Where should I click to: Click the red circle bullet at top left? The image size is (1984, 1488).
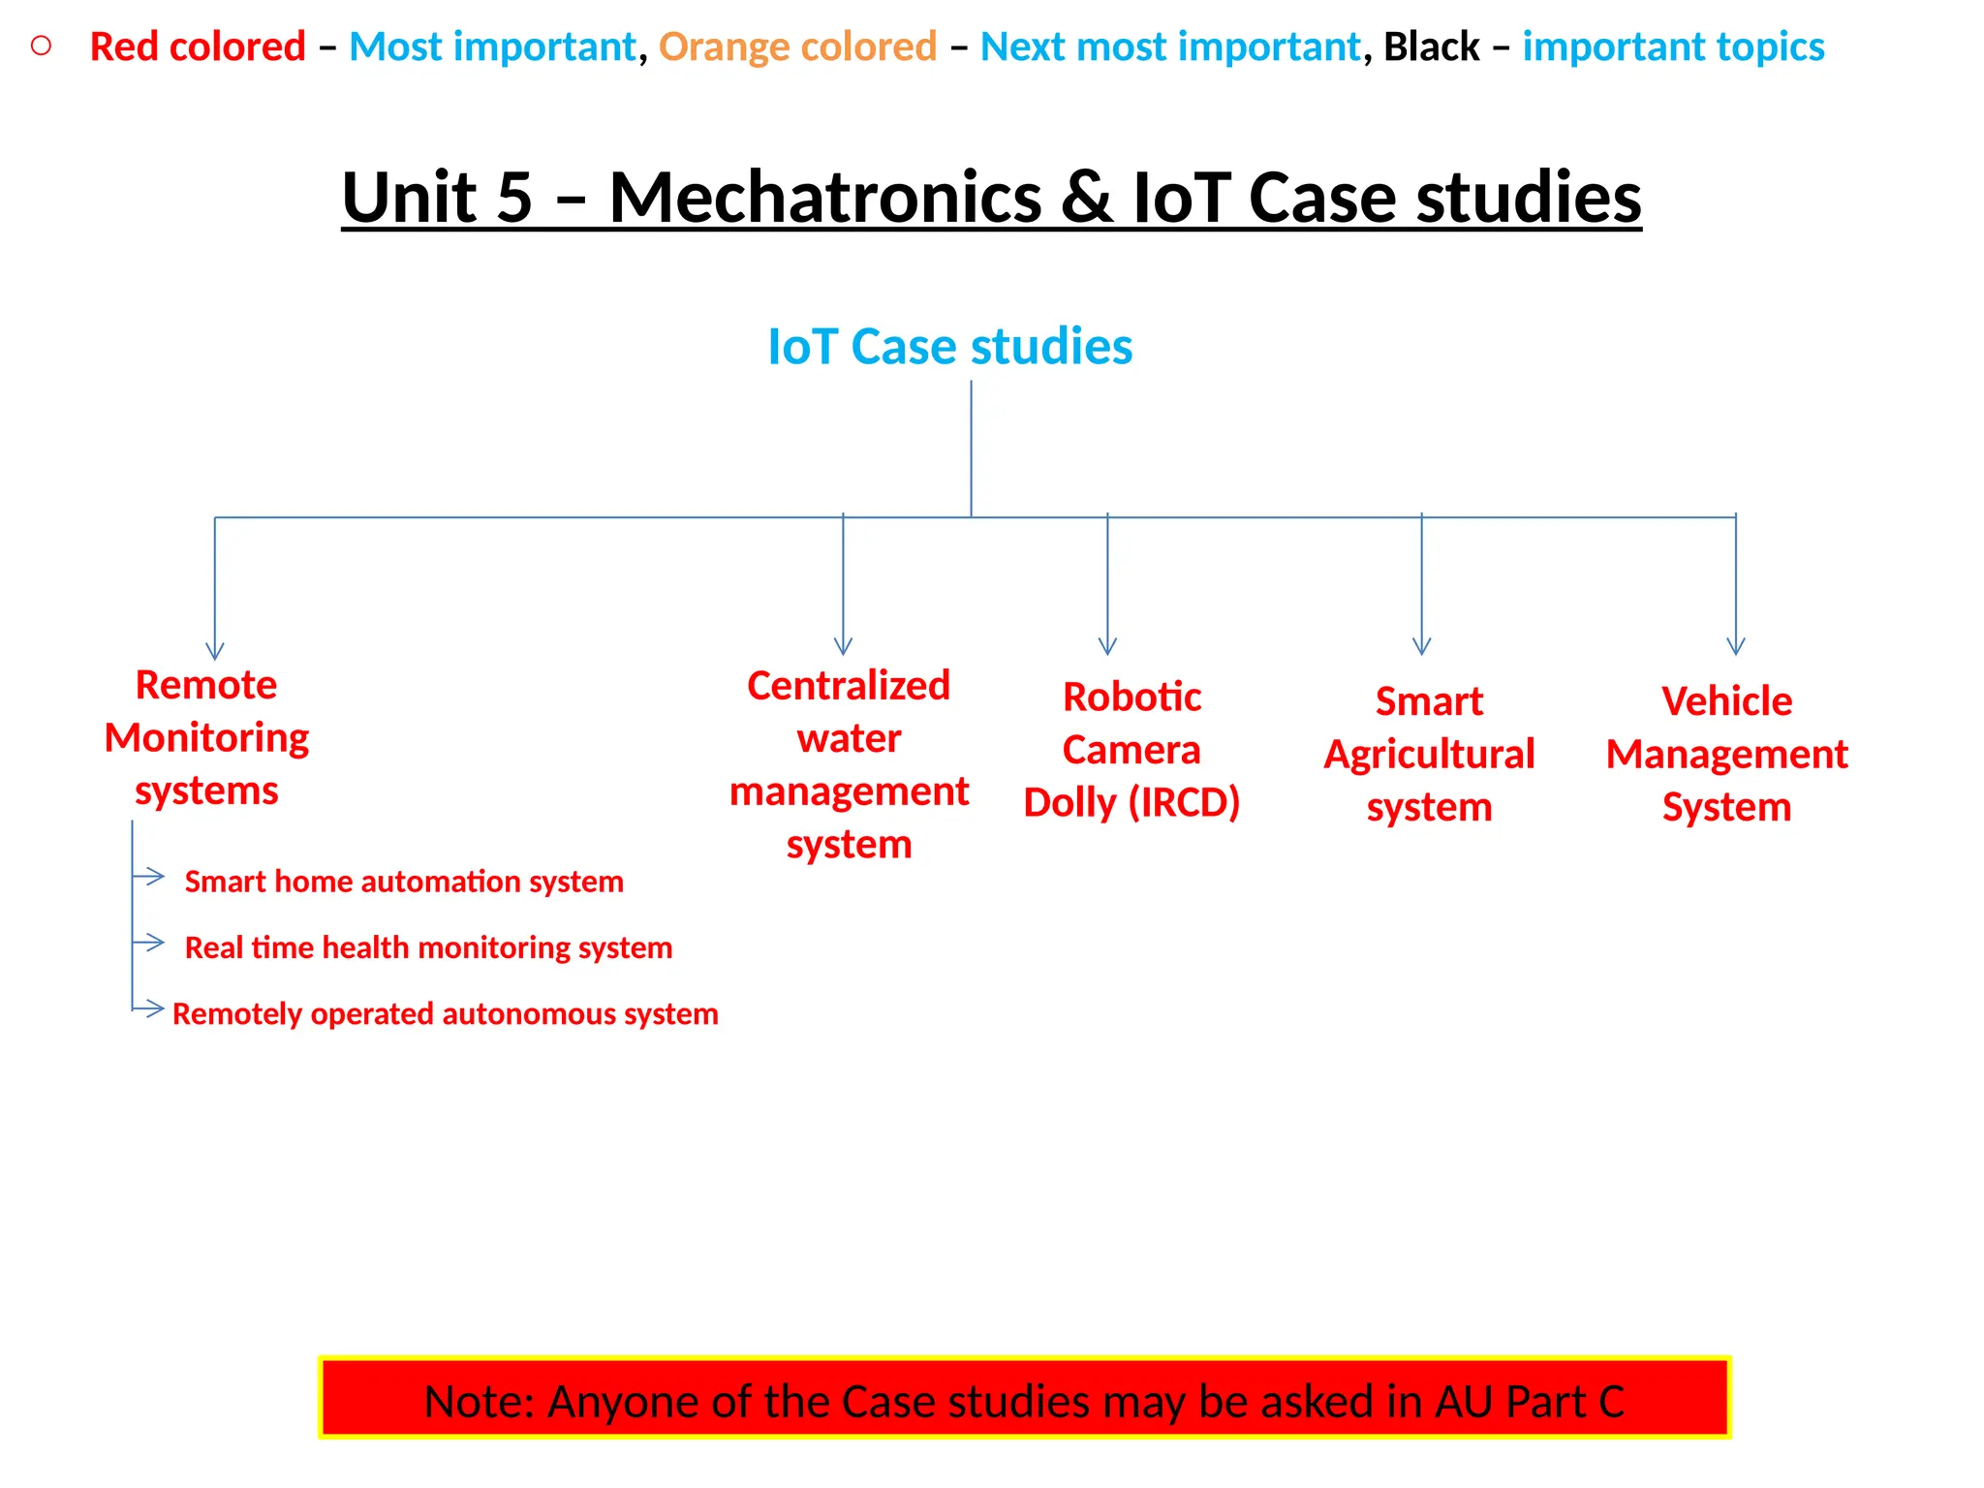41,46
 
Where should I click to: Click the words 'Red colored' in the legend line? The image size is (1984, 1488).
198,46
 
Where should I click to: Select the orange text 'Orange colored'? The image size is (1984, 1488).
797,46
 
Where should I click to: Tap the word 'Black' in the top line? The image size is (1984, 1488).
1431,46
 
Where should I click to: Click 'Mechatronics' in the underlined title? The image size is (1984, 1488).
824,197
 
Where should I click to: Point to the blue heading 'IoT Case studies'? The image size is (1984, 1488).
949,346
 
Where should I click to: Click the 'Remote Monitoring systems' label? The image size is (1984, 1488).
206,737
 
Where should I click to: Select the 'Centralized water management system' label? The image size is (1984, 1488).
849,764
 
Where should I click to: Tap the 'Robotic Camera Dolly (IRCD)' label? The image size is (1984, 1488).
1131,750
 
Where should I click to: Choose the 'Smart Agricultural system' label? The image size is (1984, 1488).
1429,754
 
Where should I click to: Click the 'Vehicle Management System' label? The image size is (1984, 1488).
1726,754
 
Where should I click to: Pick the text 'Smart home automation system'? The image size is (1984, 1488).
404,882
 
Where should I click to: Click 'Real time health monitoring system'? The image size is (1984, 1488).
428,947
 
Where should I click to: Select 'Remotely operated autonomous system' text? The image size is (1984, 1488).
445,1013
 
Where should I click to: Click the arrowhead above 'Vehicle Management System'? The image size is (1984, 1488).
1736,647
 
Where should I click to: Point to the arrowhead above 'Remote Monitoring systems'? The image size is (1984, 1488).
215,652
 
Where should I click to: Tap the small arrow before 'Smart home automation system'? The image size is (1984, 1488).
150,877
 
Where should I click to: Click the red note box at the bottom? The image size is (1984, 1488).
1024,1398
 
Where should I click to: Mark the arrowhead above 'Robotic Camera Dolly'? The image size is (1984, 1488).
1107,647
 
